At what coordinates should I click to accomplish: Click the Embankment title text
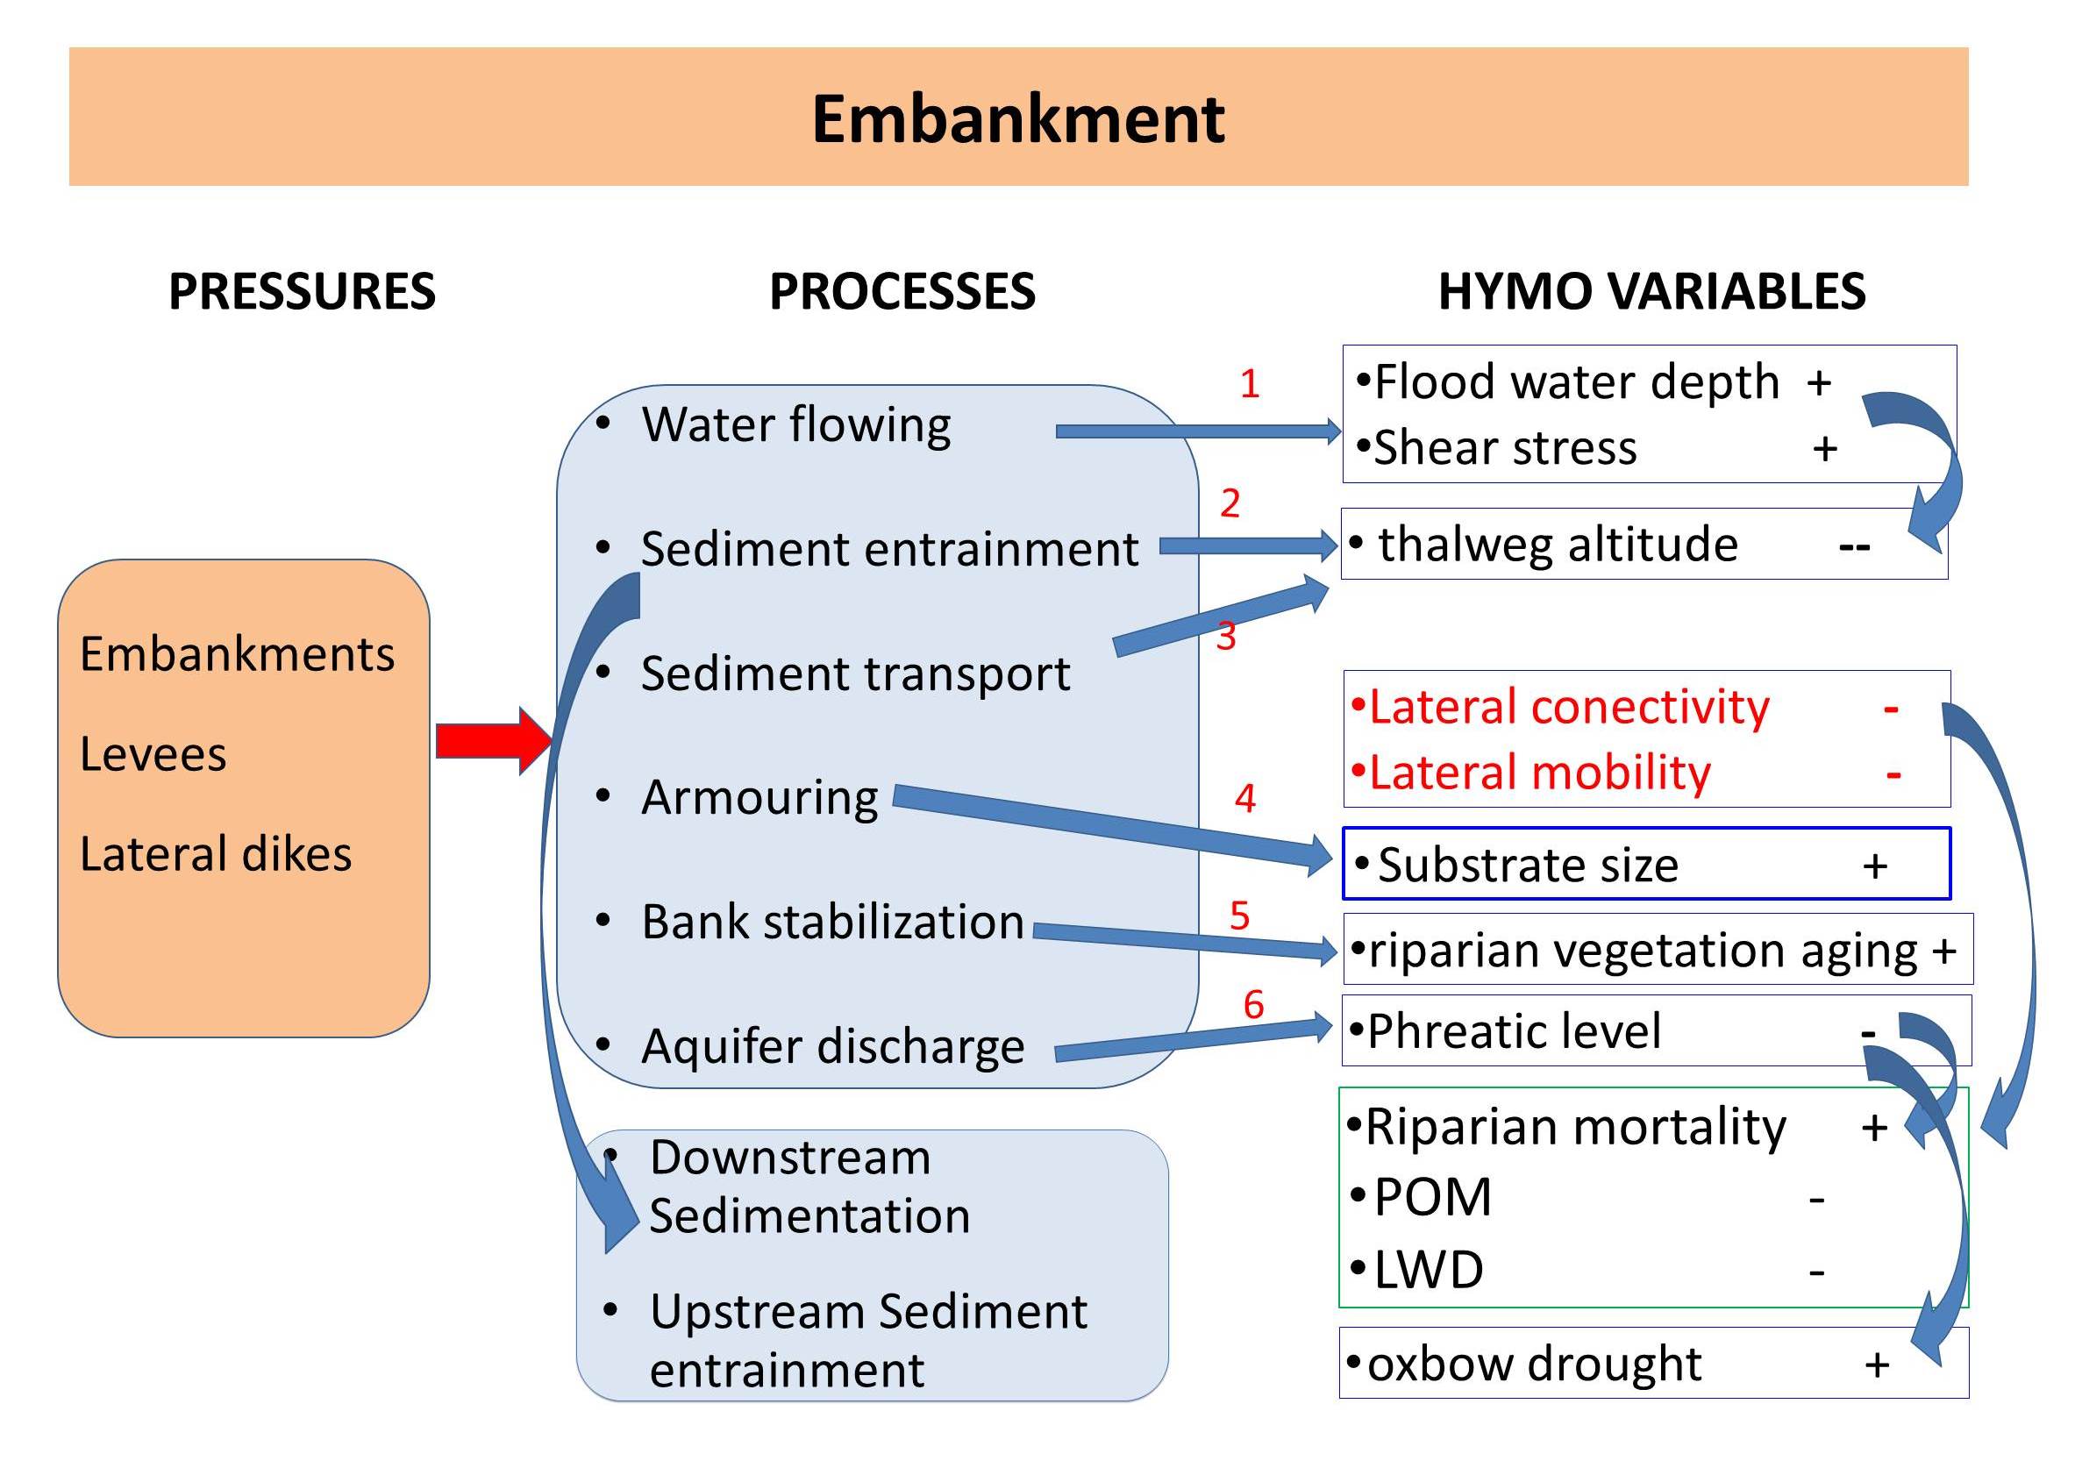click(1018, 119)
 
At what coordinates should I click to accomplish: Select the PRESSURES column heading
click(302, 291)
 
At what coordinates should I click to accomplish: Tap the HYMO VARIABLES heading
click(1651, 291)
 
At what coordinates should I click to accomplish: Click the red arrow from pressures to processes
click(494, 741)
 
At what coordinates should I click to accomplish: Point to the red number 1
click(1250, 383)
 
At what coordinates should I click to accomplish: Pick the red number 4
click(1245, 798)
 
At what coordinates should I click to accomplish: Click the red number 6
click(1253, 1004)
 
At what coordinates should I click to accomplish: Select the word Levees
click(153, 754)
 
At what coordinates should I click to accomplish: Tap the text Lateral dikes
click(215, 853)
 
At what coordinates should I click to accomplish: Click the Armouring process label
click(759, 798)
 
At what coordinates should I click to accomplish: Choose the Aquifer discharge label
click(832, 1047)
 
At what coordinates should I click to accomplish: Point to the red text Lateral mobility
click(1539, 773)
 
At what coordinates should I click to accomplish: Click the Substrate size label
click(1528, 865)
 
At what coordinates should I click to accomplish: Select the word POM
click(1431, 1198)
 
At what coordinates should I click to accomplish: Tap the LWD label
click(1428, 1270)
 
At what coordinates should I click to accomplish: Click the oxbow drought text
click(1534, 1363)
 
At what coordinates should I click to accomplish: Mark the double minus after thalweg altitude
click(1855, 547)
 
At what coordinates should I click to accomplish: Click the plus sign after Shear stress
click(1825, 448)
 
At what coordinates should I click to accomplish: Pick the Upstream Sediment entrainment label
click(867, 1341)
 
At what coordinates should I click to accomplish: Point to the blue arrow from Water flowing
click(1199, 432)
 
